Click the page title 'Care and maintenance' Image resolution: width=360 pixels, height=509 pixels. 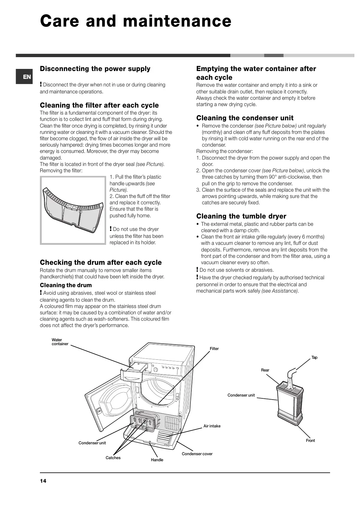pos(135,21)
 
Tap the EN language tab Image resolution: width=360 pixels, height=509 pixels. pos(27,77)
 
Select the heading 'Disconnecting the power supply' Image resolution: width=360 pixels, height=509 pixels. pos(95,69)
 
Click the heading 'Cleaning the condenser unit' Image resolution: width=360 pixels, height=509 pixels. pos(245,118)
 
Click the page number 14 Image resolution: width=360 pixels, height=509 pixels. pos(43,481)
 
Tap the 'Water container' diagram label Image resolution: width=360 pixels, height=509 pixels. pos(60,342)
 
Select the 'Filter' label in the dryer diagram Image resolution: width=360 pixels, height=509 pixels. pos(214,349)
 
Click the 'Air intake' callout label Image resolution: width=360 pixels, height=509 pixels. pos(212,426)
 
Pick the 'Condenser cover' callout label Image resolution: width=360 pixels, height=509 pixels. pos(197,454)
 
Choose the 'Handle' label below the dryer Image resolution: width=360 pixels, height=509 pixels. pos(157,460)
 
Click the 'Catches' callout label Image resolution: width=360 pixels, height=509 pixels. pos(113,458)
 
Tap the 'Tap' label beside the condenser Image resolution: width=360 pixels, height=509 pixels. pos(314,358)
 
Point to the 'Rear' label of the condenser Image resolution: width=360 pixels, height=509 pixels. pos(265,370)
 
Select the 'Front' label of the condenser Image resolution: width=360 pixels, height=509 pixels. pos(310,440)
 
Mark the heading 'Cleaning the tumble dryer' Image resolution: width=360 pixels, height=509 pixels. pos(241,216)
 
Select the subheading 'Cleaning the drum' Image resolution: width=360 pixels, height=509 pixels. pos(66,285)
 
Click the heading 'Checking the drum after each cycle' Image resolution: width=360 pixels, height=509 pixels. pos(101,262)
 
